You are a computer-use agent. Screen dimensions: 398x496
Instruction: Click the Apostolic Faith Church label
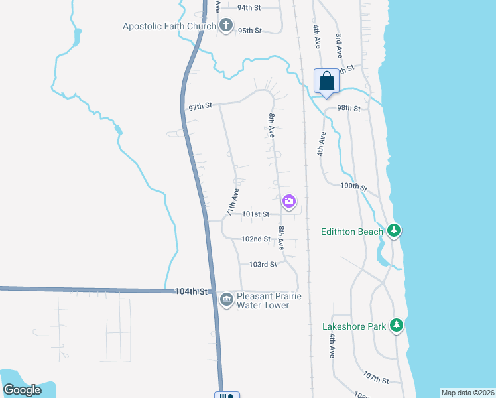tap(169, 27)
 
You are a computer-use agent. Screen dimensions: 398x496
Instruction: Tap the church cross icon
tap(225, 27)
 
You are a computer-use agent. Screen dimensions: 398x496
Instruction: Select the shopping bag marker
tap(326, 82)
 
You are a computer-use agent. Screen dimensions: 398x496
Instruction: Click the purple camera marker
tap(288, 201)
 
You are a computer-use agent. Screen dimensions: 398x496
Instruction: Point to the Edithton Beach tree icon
tap(395, 230)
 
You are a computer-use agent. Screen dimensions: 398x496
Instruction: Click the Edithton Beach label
tap(351, 232)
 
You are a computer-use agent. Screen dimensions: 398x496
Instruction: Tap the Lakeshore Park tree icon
tap(397, 325)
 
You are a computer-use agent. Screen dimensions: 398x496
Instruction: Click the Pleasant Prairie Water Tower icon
tap(227, 299)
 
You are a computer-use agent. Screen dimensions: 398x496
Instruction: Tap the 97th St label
tap(200, 106)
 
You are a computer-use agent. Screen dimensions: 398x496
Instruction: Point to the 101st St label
tap(255, 214)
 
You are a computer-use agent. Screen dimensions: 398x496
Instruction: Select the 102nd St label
tap(255, 239)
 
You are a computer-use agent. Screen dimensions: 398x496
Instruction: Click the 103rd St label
tap(263, 264)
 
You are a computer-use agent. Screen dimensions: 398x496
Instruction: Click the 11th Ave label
tap(233, 202)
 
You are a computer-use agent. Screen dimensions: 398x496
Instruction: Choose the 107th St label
tap(375, 379)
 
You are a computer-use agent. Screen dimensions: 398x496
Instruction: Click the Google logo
tap(23, 390)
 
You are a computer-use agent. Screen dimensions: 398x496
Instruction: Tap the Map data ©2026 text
tap(467, 393)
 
